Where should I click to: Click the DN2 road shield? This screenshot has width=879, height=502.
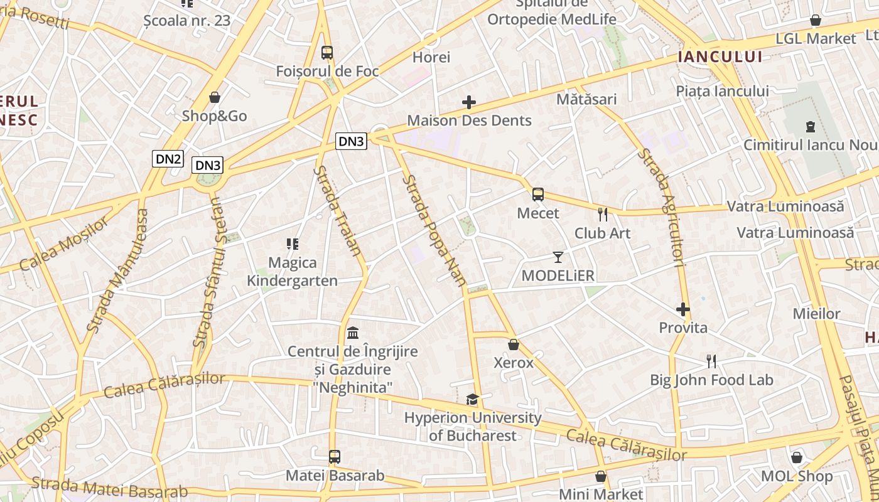coord(168,159)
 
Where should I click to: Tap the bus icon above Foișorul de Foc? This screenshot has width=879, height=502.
coord(326,52)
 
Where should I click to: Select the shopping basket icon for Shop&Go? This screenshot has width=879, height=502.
coord(215,97)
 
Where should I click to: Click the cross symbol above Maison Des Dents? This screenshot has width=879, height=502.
coord(469,102)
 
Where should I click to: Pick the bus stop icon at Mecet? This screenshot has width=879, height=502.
coord(538,195)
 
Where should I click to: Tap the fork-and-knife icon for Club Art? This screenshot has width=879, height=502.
coord(603,215)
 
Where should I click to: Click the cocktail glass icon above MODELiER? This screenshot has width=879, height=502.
coord(558,257)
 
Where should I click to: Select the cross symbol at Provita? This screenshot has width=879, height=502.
coord(683,309)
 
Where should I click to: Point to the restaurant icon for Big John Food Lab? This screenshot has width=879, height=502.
coord(711,361)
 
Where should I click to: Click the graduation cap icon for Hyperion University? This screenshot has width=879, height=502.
coord(472,399)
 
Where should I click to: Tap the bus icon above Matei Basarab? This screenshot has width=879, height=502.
coord(335,456)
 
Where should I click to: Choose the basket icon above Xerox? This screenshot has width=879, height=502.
coord(514,344)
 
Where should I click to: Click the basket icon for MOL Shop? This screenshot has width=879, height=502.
coord(797,457)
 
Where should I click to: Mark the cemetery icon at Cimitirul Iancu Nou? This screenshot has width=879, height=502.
coord(810,126)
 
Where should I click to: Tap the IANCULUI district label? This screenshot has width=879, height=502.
coord(720,57)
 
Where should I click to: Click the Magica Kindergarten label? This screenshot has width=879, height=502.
coord(293,271)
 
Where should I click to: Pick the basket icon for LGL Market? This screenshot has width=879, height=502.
coord(815,21)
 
